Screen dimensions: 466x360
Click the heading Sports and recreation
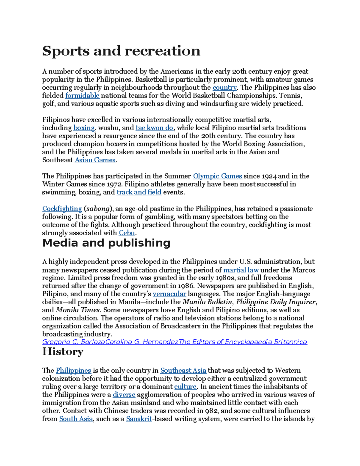(121, 51)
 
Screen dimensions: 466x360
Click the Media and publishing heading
(106, 243)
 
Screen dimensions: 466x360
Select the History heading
(63, 351)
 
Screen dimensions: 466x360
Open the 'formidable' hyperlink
(82, 96)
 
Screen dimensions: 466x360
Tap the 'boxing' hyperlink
(84, 128)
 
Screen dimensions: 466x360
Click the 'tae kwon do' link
(154, 128)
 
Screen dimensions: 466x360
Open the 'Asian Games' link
(95, 160)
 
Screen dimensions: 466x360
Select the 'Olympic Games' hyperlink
(217, 176)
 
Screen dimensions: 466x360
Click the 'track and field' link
(139, 192)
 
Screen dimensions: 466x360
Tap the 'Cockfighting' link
(62, 209)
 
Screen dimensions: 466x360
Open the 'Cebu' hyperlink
(127, 233)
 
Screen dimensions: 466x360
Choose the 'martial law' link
(241, 270)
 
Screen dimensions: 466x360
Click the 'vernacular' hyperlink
(169, 294)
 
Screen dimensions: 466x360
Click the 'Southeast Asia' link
(183, 371)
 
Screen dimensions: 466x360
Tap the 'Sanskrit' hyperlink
(139, 419)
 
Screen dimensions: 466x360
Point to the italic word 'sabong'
(98, 209)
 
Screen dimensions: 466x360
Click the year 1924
(269, 176)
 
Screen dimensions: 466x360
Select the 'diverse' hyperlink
(124, 395)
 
